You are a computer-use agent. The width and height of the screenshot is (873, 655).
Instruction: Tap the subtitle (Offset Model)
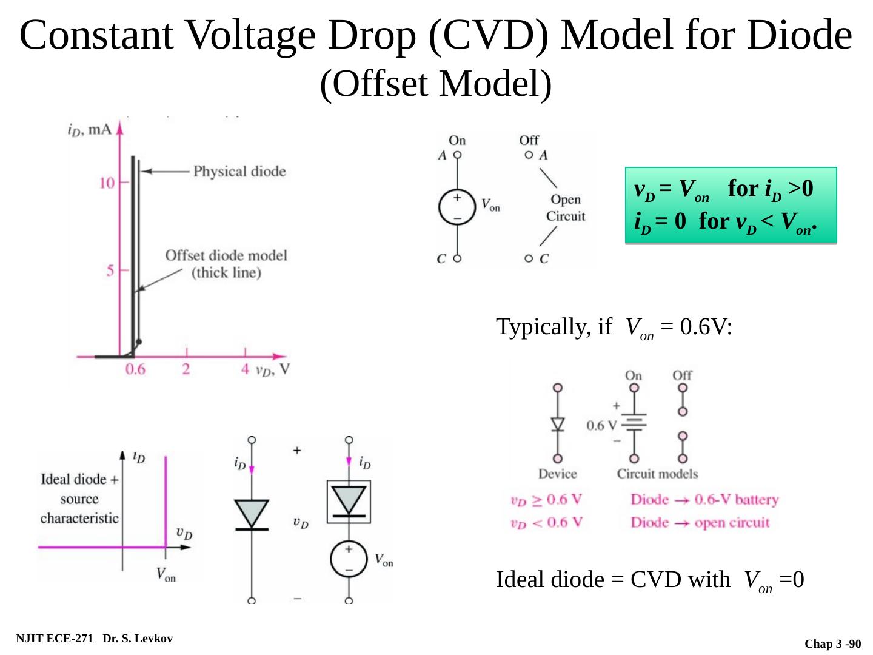(x=436, y=83)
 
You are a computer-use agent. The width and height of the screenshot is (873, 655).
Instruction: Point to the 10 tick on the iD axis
(x=108, y=183)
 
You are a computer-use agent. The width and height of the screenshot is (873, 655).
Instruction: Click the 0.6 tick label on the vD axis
(x=135, y=369)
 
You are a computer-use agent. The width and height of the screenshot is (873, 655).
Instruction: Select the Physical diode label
(x=239, y=172)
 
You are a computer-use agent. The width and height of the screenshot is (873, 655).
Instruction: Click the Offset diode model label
(x=226, y=264)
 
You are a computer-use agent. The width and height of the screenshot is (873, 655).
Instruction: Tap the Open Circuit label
(x=566, y=207)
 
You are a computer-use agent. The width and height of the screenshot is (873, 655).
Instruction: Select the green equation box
(x=731, y=206)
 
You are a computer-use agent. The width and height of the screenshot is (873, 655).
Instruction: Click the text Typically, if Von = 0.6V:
(x=614, y=327)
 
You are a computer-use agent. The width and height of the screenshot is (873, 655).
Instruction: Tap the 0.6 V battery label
(x=601, y=425)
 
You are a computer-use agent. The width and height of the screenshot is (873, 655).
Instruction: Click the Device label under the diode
(x=557, y=474)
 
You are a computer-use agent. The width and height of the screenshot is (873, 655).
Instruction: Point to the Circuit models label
(x=657, y=474)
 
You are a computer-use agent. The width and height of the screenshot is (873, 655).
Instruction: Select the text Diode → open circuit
(x=700, y=523)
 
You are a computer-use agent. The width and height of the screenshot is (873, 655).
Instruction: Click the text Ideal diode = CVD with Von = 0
(x=650, y=580)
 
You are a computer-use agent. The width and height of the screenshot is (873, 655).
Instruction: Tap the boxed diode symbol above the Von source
(x=349, y=502)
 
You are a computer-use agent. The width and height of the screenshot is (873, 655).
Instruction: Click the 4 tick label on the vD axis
(x=245, y=369)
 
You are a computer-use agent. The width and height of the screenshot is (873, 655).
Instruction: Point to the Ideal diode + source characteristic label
(x=79, y=499)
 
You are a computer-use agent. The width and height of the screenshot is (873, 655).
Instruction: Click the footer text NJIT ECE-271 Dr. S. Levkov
(x=94, y=639)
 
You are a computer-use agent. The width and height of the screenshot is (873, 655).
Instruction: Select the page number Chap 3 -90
(x=832, y=643)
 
